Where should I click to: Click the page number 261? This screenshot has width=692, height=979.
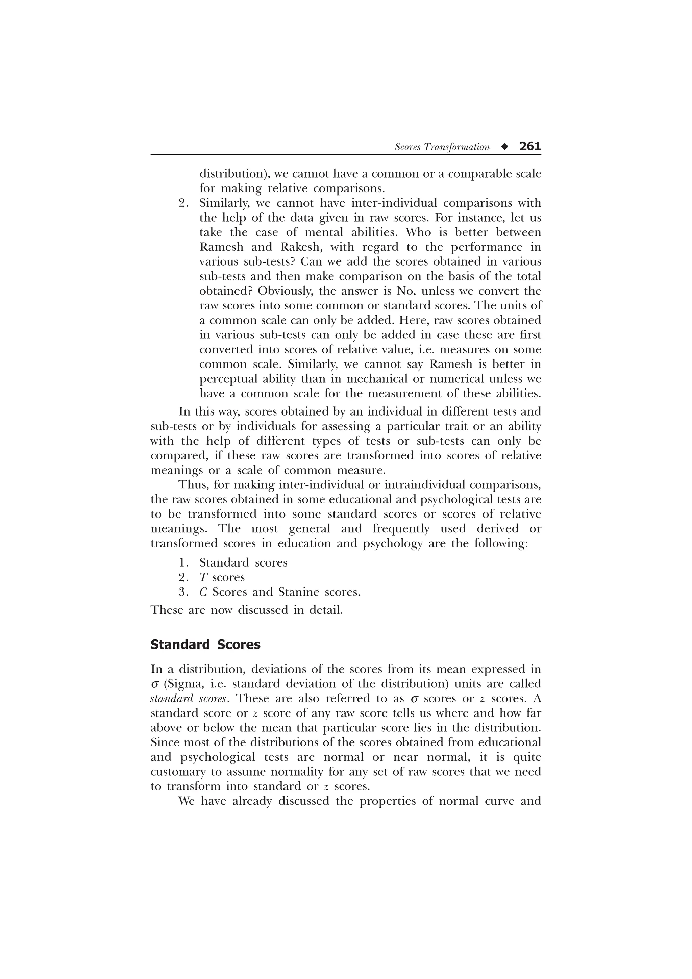click(x=530, y=146)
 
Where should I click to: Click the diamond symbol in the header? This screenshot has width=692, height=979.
click(x=505, y=147)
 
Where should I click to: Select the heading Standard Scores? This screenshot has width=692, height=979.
click(x=205, y=644)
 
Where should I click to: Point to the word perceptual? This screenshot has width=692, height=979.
click(x=228, y=379)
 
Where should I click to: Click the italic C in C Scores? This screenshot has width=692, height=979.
click(x=203, y=592)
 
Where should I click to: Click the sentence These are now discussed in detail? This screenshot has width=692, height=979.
click(x=246, y=610)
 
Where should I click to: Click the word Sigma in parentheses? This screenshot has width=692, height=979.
click(x=180, y=684)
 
